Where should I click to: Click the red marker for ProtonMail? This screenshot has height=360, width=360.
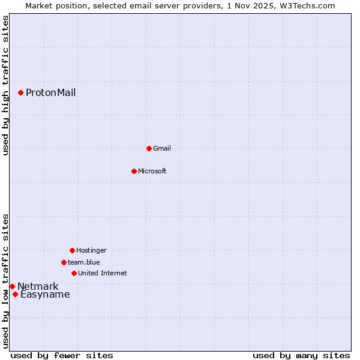(20, 92)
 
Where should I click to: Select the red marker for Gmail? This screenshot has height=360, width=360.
(149, 148)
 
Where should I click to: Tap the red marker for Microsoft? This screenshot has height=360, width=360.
(134, 171)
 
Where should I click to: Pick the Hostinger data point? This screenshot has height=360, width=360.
(72, 250)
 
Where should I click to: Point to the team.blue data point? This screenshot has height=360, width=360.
(64, 262)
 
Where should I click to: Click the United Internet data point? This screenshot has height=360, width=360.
(74, 273)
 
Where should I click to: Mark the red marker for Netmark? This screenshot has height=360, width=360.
(12, 286)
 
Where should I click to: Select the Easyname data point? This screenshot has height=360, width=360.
(15, 294)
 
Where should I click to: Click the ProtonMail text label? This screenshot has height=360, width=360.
(50, 92)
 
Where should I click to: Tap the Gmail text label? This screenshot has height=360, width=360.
(161, 148)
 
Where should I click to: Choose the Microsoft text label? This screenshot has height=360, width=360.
(152, 171)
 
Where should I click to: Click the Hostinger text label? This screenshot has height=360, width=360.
(91, 250)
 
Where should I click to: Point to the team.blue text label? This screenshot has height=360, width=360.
(83, 262)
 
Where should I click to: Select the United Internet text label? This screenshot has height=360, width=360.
(102, 273)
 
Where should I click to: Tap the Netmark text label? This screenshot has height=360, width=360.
(38, 286)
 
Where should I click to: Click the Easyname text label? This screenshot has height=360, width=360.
(45, 294)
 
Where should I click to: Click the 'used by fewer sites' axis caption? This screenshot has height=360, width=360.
(62, 355)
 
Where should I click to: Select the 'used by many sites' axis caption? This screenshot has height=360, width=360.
(301, 355)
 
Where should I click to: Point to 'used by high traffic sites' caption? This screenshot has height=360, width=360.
(5, 85)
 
